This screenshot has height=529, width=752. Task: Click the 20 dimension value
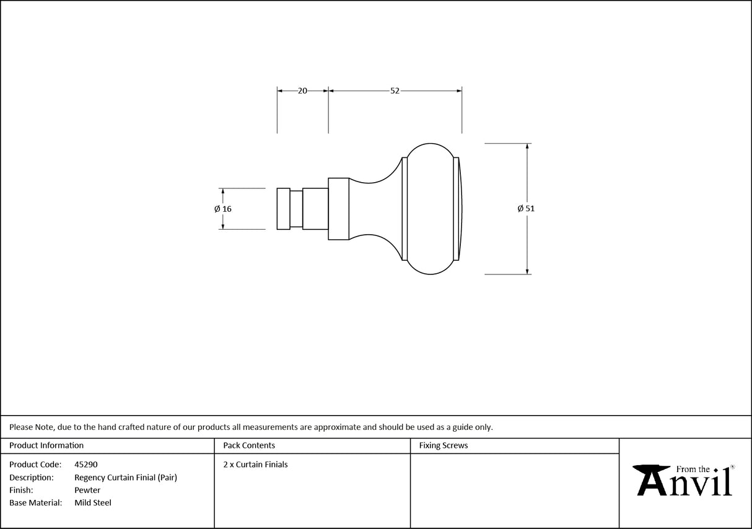point(302,90)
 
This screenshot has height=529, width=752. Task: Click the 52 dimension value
point(395,90)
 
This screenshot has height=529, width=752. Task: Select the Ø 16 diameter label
point(223,209)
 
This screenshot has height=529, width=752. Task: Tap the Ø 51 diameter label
point(526,209)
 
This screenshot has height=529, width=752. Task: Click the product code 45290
point(86,465)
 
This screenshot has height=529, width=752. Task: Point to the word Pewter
point(87,490)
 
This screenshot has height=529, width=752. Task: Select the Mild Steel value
point(93,503)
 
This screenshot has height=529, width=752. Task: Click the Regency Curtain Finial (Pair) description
point(126,478)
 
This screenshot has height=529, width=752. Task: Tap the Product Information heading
point(46,445)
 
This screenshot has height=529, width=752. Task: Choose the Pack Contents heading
point(249,445)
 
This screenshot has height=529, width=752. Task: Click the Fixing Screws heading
point(444,445)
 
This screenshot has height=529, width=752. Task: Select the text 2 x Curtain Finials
point(255,465)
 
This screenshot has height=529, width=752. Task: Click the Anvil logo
point(683,480)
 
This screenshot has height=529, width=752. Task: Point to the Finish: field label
point(21,490)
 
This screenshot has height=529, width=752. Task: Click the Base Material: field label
point(35,503)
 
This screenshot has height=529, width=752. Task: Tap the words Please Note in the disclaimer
point(32,427)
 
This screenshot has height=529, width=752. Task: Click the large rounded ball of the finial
point(431,209)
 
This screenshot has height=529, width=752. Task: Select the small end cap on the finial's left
point(283,209)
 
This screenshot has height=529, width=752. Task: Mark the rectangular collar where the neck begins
point(338,209)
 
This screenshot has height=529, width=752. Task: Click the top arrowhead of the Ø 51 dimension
point(527,146)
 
